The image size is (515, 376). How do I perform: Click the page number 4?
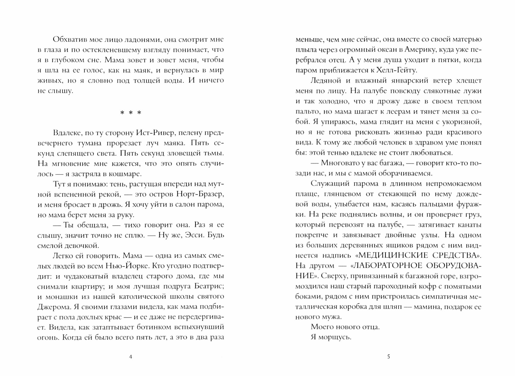[x=130, y=357]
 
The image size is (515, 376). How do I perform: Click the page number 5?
[x=389, y=357]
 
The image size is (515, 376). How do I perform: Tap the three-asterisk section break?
[x=131, y=113]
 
